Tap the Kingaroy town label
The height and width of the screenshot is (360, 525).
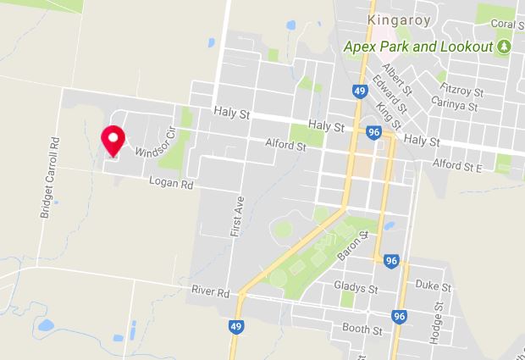(x=400, y=19)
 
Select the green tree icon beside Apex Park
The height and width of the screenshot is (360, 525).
(x=505, y=46)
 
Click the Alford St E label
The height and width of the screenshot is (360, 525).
(x=456, y=166)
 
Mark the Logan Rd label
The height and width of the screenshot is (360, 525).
(x=172, y=182)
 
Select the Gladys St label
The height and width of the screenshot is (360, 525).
(x=356, y=288)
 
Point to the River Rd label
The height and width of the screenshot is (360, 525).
(x=211, y=293)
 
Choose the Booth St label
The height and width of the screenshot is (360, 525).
(x=358, y=327)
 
